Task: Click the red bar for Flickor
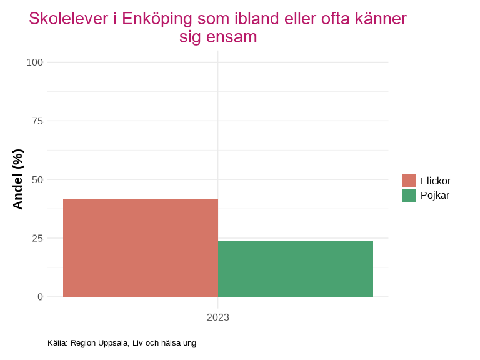click(x=141, y=247)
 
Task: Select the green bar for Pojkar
click(x=296, y=269)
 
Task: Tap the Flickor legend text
click(x=436, y=181)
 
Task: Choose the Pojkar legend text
click(x=435, y=195)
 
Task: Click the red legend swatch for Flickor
click(x=409, y=181)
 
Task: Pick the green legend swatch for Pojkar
click(x=409, y=195)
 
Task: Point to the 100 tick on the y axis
click(x=35, y=62)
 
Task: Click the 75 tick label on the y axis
click(x=37, y=121)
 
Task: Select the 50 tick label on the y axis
click(x=37, y=179)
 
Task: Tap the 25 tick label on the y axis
click(x=37, y=238)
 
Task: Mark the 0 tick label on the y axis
click(x=41, y=297)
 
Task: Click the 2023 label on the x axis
click(x=218, y=317)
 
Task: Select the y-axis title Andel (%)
click(x=17, y=179)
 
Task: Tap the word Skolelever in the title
click(x=69, y=19)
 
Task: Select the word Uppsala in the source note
click(x=113, y=343)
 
